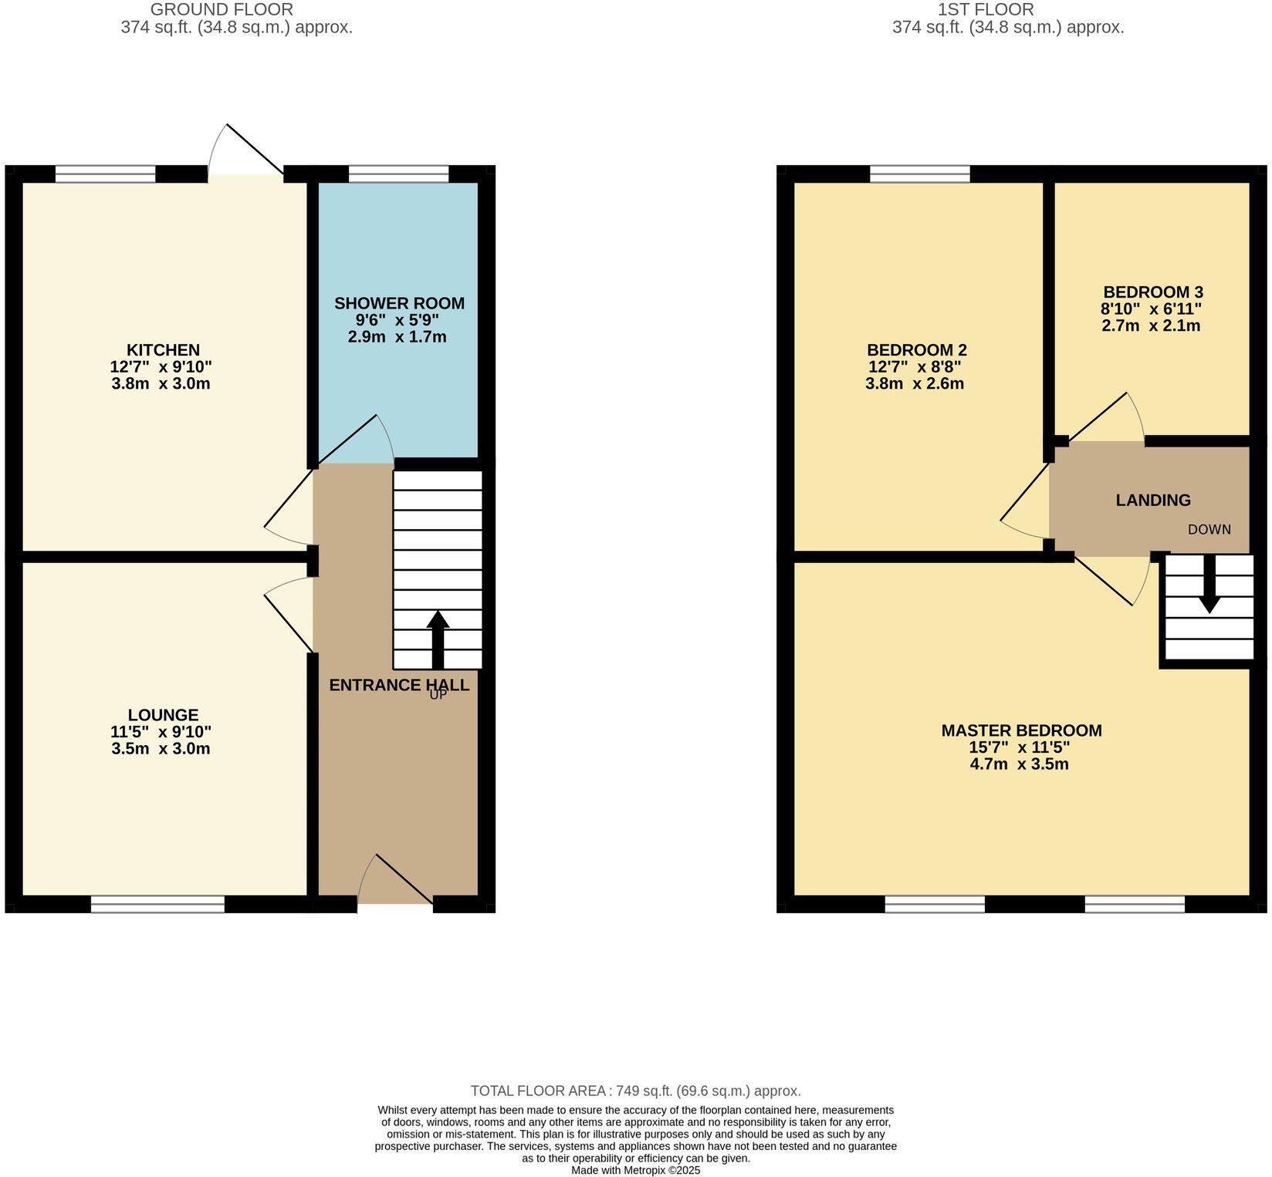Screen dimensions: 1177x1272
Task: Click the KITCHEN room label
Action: click(163, 350)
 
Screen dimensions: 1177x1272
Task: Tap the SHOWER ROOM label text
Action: click(399, 303)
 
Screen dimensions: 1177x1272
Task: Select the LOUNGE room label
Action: click(163, 715)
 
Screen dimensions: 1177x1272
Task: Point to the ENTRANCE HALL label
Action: click(398, 685)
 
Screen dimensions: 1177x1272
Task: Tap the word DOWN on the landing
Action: click(1209, 529)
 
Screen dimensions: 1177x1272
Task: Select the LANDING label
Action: click(1153, 500)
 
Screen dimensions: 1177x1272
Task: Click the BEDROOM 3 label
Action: click(1153, 292)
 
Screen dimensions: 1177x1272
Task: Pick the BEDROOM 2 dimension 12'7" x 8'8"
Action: click(915, 366)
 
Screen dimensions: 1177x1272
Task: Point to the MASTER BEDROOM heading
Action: click(1021, 730)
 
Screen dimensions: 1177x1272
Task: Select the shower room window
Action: click(398, 174)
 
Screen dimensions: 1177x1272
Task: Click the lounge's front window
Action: click(157, 904)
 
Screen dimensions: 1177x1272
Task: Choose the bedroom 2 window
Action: click(919, 174)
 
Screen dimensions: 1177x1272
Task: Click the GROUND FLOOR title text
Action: click(222, 10)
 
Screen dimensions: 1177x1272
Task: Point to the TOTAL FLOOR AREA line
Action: click(635, 1091)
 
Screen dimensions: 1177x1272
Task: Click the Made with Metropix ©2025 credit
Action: click(635, 1170)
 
